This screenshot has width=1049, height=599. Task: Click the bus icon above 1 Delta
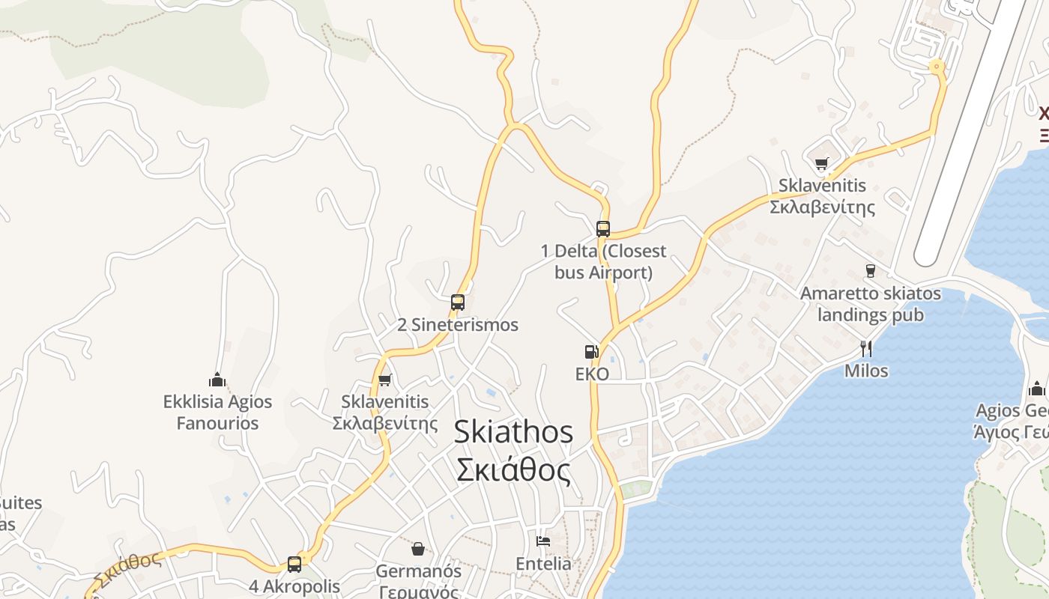(603, 229)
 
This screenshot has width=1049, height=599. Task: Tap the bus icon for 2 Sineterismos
(458, 302)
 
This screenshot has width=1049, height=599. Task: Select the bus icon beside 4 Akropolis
(294, 565)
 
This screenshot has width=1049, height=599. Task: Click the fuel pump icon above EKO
(592, 351)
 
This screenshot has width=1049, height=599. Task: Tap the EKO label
(592, 374)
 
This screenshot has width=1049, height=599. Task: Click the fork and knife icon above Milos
(866, 348)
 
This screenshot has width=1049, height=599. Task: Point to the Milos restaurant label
(866, 371)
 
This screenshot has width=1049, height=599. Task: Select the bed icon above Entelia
(543, 541)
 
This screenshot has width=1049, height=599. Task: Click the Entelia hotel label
(543, 564)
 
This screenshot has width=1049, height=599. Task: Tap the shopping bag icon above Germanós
(418, 549)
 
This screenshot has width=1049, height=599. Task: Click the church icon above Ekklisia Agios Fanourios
(217, 380)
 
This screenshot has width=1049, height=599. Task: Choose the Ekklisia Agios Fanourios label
(217, 413)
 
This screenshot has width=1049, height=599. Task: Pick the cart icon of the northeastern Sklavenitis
(822, 163)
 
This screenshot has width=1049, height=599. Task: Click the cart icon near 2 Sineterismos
(385, 380)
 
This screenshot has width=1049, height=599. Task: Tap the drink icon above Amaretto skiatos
(870, 270)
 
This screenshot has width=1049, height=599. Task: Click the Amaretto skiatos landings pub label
(870, 304)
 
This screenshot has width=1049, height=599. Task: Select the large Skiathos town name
(514, 433)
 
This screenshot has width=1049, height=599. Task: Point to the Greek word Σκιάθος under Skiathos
(514, 470)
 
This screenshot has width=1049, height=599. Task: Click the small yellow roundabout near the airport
(936, 67)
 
